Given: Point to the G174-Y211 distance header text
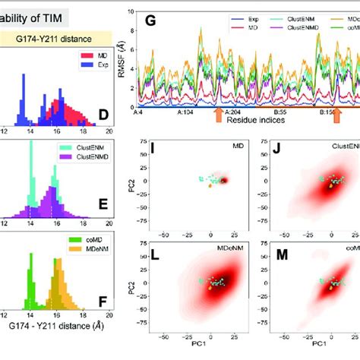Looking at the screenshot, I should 55,36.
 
